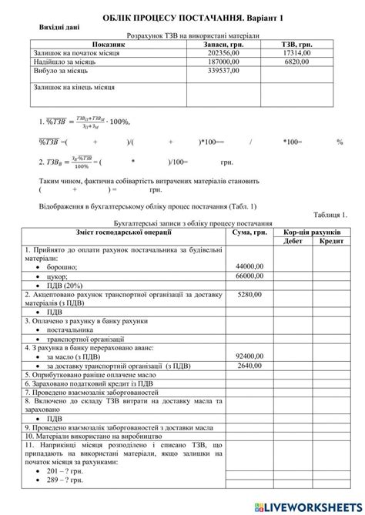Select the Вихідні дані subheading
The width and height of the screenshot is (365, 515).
(x=60, y=27)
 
